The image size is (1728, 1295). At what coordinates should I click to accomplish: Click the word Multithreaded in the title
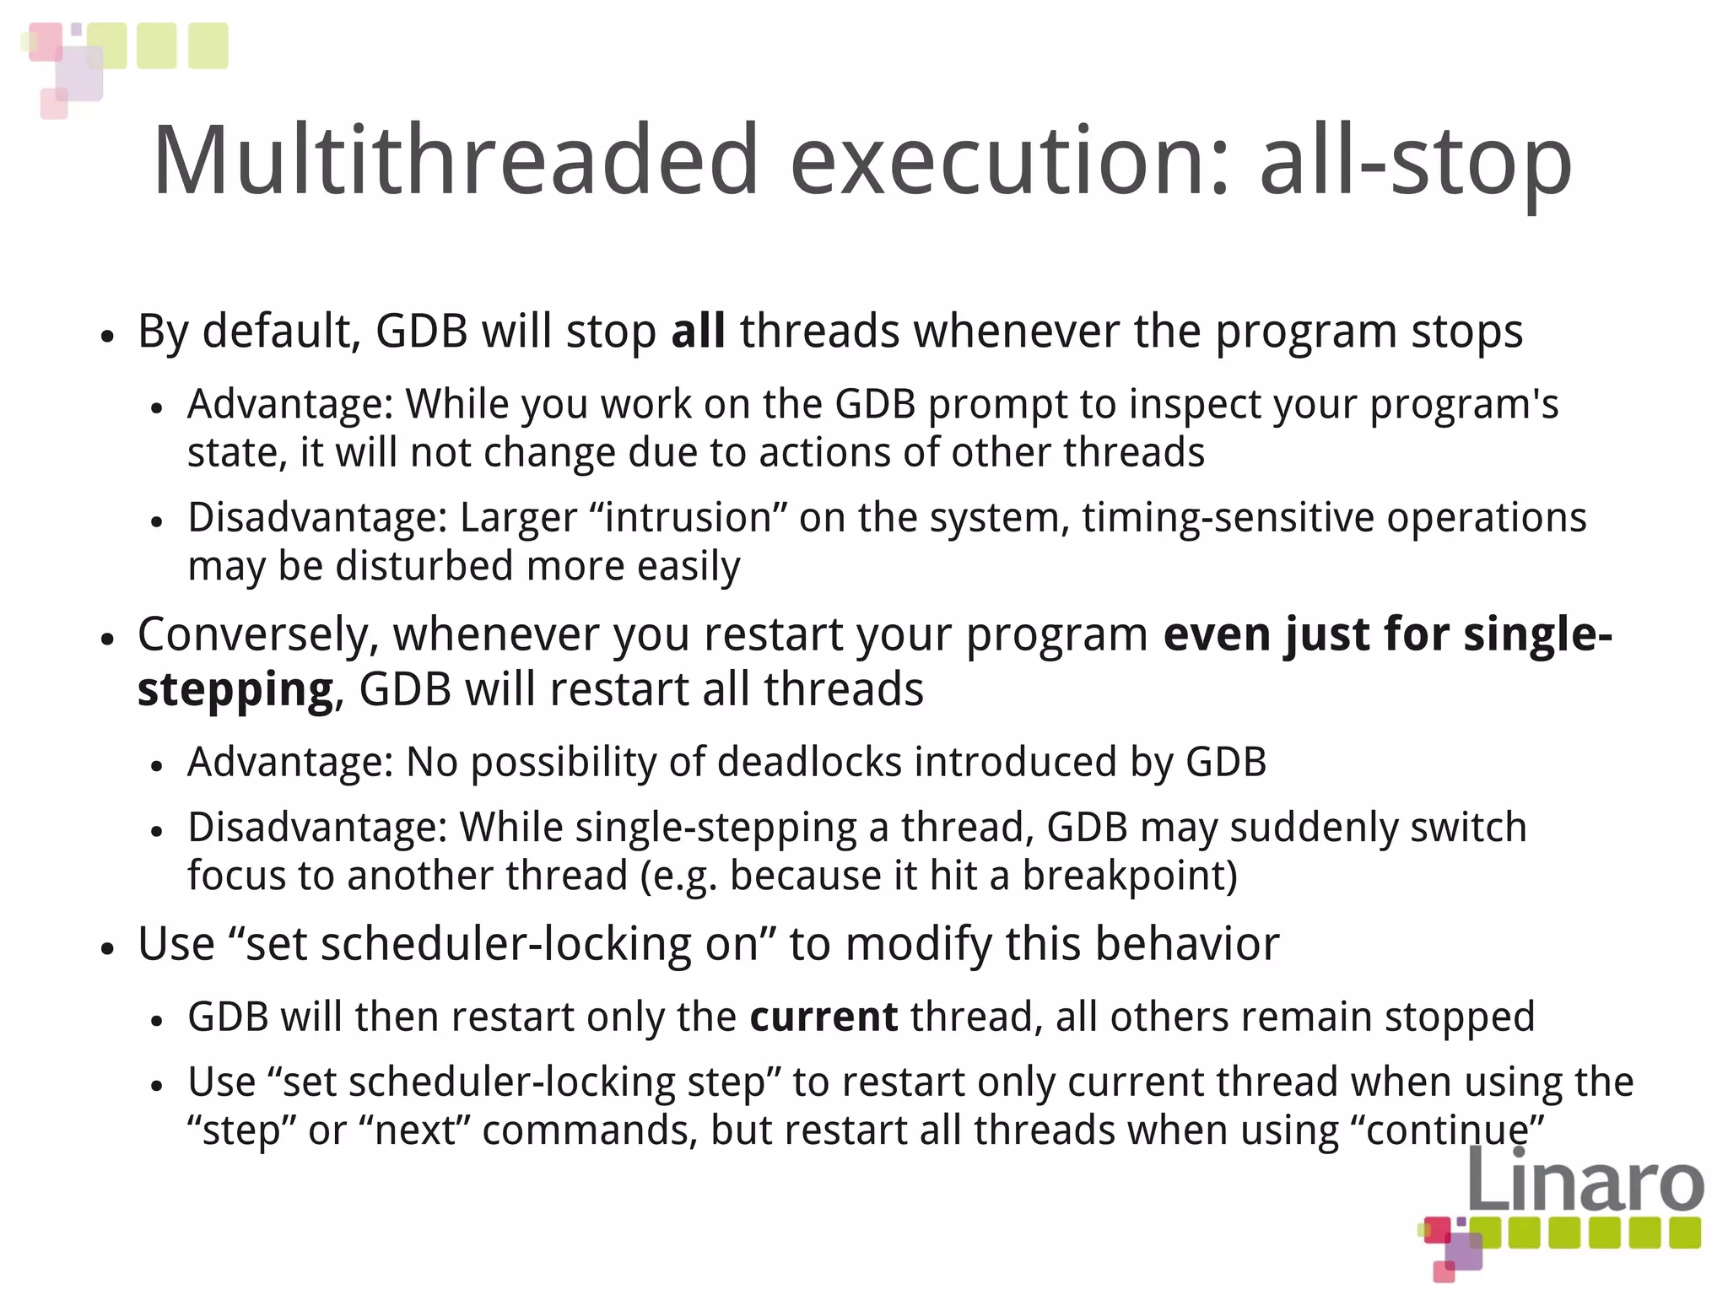click(x=456, y=160)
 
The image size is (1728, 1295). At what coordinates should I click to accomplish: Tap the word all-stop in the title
click(x=1415, y=160)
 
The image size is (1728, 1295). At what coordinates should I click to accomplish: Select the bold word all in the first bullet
click(x=698, y=331)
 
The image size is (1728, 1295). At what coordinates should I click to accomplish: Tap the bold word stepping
click(x=235, y=689)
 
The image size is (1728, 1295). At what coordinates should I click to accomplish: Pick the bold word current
click(x=823, y=1017)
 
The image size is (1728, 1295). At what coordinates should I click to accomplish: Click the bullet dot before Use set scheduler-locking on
click(x=106, y=948)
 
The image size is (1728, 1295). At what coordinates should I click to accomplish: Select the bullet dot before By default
click(x=106, y=336)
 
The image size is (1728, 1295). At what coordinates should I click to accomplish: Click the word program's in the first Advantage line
click(x=1463, y=405)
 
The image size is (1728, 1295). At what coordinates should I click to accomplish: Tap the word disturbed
click(x=424, y=566)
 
